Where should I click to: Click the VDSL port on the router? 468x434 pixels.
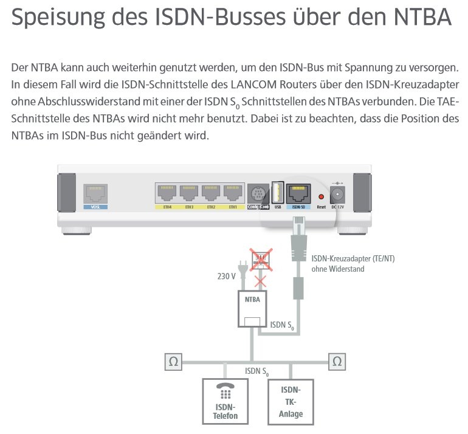click(95, 193)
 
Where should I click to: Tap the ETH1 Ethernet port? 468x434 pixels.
click(233, 193)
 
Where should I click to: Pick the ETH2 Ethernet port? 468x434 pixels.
click(211, 193)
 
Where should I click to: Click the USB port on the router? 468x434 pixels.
click(277, 193)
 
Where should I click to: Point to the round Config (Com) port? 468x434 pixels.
click(258, 195)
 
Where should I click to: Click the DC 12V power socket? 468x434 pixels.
click(336, 195)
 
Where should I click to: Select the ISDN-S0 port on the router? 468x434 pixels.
click(298, 193)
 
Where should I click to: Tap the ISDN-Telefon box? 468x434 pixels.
click(225, 401)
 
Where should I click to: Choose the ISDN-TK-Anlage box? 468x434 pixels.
click(292, 401)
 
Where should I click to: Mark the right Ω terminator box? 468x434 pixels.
click(337, 362)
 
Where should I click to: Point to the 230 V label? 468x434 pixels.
click(226, 277)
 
